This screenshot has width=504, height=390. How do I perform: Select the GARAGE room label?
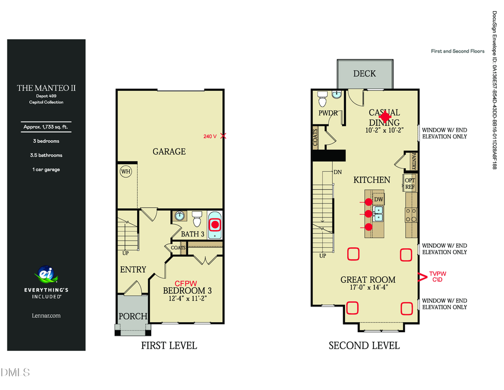pyautogui.click(x=169, y=151)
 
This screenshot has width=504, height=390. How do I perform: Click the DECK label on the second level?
pyautogui.click(x=365, y=73)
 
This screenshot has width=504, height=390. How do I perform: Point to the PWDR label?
pyautogui.click(x=327, y=113)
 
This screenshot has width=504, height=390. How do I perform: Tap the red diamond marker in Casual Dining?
pyautogui.click(x=385, y=115)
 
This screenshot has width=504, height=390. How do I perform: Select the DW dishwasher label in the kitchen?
pyautogui.click(x=379, y=199)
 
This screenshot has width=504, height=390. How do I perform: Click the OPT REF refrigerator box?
pyautogui.click(x=409, y=183)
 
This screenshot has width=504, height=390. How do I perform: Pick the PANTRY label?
pyautogui.click(x=414, y=160)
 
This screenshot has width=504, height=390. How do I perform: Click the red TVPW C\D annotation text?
pyautogui.click(x=437, y=276)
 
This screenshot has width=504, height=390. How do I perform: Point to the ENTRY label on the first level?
pyautogui.click(x=133, y=270)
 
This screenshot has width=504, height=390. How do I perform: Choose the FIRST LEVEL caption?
pyautogui.click(x=169, y=345)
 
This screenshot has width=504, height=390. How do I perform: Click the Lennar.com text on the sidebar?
pyautogui.click(x=46, y=315)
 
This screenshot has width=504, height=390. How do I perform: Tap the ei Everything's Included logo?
pyautogui.click(x=46, y=275)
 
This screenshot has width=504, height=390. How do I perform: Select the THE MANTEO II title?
pyautogui.click(x=46, y=87)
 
